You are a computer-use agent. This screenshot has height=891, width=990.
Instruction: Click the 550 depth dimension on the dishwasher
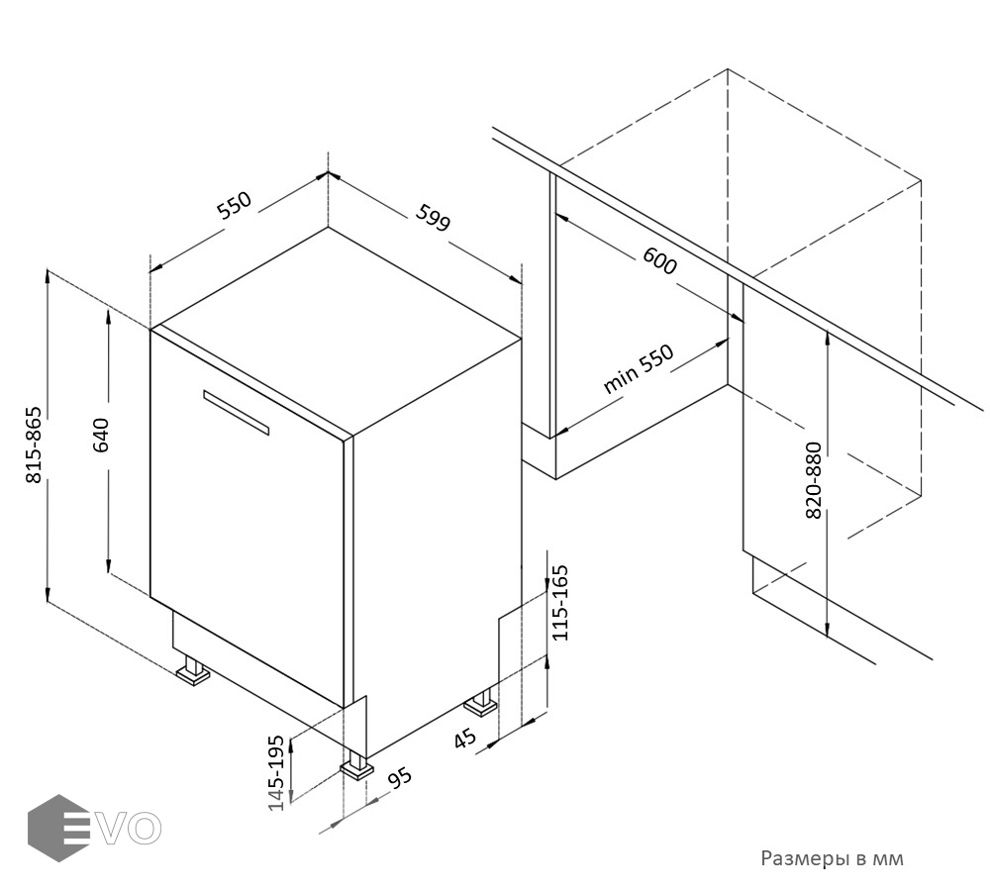click(235, 205)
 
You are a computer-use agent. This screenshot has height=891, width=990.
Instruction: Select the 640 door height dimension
click(101, 435)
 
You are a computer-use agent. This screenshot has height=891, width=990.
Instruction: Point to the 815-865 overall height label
click(34, 445)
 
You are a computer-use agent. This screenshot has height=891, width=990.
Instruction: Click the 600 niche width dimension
click(659, 260)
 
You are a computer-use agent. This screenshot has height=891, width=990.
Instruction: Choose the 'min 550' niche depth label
click(639, 369)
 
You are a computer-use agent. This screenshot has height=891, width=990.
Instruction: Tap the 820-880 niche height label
click(814, 480)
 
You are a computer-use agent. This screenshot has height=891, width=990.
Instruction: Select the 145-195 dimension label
click(276, 773)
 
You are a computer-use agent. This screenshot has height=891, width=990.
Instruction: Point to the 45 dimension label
click(465, 738)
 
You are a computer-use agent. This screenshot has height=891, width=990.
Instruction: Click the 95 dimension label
click(399, 778)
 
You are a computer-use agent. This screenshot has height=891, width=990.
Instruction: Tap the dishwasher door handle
click(237, 413)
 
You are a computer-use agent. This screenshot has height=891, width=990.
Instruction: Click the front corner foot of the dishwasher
click(356, 764)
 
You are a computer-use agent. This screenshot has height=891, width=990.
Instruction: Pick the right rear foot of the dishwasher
click(481, 704)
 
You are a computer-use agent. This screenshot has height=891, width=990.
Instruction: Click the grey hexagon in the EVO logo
click(56, 828)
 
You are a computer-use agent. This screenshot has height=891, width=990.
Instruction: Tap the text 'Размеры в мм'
click(833, 858)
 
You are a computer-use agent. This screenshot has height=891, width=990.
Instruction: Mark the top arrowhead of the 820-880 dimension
click(827, 338)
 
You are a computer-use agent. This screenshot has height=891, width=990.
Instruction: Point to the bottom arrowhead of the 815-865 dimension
click(48, 594)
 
